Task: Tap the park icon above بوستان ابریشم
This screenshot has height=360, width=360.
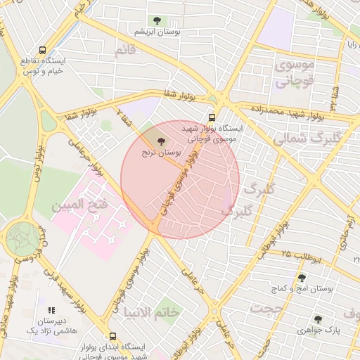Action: click(156, 21)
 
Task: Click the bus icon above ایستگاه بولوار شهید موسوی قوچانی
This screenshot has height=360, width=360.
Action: click(212, 117)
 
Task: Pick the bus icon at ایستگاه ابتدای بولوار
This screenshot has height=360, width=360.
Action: click(113, 336)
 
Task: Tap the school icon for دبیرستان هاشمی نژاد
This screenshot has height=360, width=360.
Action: click(50, 309)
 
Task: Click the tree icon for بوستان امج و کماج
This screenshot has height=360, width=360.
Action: click(302, 278)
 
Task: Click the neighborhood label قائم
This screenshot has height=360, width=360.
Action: click(125, 51)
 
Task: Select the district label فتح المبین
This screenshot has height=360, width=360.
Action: click(78, 206)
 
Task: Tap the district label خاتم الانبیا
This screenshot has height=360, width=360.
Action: click(152, 311)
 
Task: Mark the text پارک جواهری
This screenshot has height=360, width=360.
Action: click(319, 330)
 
